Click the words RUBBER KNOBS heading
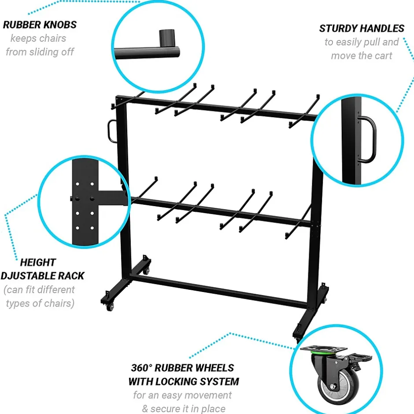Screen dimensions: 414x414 [x=40, y=25]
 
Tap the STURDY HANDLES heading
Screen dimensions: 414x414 [x=362, y=28]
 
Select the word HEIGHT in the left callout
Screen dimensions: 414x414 [x=38, y=262]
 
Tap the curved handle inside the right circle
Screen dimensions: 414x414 [x=367, y=139]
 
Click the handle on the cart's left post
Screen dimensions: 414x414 [x=112, y=131]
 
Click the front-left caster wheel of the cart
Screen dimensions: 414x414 [x=110, y=307]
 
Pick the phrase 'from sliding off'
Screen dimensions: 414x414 [x=40, y=52]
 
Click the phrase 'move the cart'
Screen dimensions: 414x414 [x=362, y=55]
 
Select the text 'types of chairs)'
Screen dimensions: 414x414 [x=40, y=303]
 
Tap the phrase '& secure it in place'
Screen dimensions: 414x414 [x=184, y=409]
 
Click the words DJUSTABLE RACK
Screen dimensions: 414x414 [x=42, y=276]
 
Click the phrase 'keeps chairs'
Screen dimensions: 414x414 [x=38, y=38]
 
